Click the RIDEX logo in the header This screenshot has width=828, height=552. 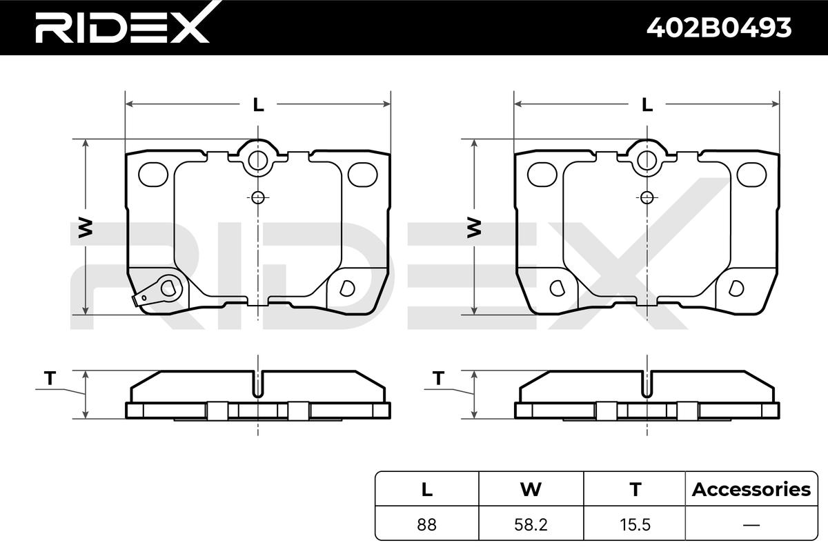click(x=121, y=28)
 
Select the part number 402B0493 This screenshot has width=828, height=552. click(x=718, y=28)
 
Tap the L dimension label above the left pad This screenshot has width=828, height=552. click(x=258, y=105)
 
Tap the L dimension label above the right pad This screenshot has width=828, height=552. click(x=647, y=105)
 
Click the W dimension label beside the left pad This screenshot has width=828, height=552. click(x=85, y=228)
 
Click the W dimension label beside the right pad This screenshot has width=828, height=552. click(x=474, y=228)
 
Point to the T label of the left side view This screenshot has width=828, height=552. click(x=49, y=378)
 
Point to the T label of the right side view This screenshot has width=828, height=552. click(x=438, y=378)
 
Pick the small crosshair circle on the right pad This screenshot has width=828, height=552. click(x=647, y=197)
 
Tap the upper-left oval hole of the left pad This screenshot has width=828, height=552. click(x=153, y=175)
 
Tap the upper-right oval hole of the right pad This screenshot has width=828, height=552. click(x=751, y=175)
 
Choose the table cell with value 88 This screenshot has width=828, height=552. click(x=427, y=524)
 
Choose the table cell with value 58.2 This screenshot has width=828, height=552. click(x=531, y=524)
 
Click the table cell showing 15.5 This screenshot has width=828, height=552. click(x=634, y=524)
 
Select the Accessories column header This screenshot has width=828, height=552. click(x=751, y=490)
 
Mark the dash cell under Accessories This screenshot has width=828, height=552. click(x=751, y=524)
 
